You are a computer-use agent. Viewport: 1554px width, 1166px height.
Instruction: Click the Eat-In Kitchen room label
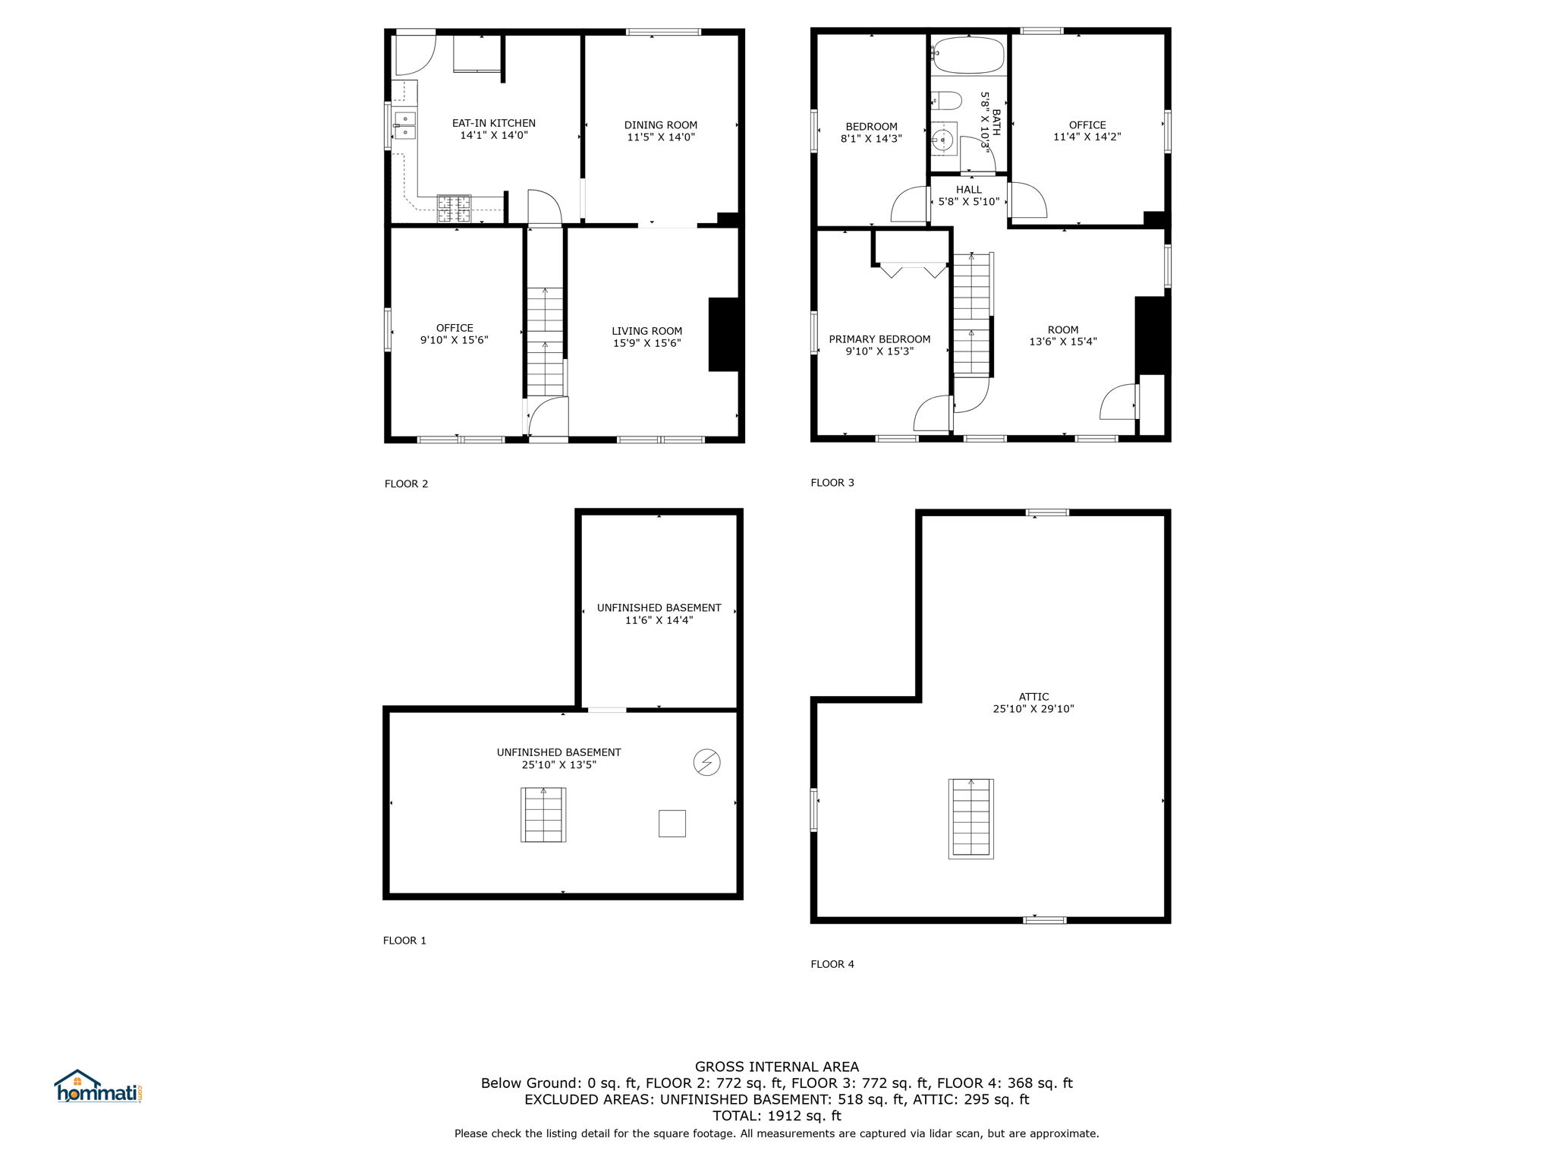[494, 123]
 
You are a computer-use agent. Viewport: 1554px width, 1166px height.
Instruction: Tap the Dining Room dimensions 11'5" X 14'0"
[661, 137]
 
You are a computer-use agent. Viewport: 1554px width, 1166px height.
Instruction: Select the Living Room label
[647, 331]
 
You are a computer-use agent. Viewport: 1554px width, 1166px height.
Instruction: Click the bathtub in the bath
[968, 55]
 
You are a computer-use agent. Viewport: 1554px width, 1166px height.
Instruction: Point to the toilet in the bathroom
[945, 100]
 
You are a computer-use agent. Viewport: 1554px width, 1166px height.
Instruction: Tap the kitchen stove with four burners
[454, 209]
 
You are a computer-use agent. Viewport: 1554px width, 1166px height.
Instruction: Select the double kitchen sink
[404, 126]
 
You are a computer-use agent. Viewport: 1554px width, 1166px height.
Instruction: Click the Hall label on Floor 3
[969, 190]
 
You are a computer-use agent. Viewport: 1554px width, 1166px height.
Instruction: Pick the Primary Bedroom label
[879, 339]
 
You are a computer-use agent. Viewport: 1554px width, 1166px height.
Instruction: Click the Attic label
[1034, 697]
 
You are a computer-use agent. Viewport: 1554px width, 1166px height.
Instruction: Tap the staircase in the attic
[971, 819]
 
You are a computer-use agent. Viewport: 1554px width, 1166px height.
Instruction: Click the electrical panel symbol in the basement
[707, 762]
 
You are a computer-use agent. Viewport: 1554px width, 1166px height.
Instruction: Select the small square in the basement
[672, 824]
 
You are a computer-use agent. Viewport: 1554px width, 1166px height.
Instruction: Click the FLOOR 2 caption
[407, 484]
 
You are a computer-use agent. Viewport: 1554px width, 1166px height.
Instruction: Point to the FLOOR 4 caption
[832, 964]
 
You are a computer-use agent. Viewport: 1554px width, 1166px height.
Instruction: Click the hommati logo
[99, 1086]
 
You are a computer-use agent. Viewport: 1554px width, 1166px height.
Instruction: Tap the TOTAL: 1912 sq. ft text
[777, 1116]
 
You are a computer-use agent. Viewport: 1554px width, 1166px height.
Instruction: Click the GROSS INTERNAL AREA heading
[777, 1067]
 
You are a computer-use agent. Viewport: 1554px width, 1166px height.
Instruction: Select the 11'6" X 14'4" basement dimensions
[659, 620]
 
